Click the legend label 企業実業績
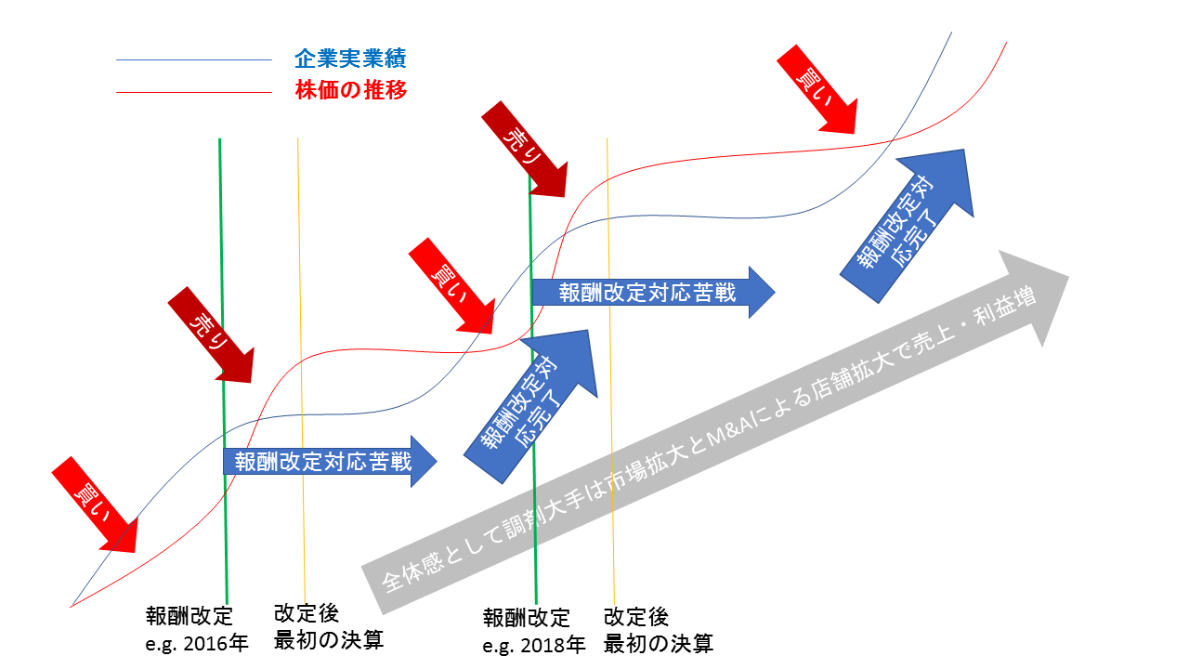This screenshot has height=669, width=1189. click(350, 59)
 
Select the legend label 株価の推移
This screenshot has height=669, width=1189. click(350, 91)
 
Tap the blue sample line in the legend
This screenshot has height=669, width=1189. click(193, 60)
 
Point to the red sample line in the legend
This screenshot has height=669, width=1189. click(193, 92)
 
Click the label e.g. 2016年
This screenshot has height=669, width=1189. click(197, 643)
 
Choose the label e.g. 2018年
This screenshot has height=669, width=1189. click(534, 644)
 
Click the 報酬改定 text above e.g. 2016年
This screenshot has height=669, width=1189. click(189, 617)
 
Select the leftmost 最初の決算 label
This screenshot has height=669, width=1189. click(328, 640)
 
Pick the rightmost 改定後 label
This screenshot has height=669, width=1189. click(636, 616)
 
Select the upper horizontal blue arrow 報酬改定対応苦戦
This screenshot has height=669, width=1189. click(650, 294)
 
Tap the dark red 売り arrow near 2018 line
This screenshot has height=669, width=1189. click(525, 149)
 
